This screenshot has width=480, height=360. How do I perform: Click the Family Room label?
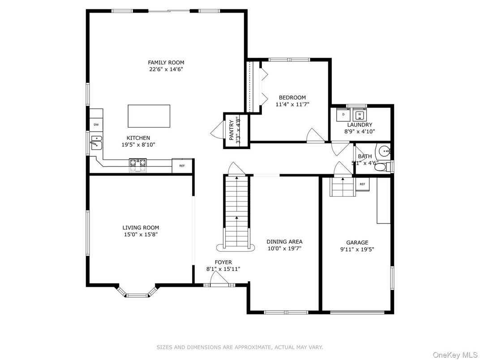[166, 63]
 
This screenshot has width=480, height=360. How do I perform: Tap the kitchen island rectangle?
[149, 116]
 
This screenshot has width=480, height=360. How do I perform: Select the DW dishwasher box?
[96, 124]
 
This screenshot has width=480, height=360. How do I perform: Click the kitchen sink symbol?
[96, 142]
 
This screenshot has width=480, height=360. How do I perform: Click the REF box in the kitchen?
[182, 166]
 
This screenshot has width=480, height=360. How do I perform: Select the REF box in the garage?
[362, 184]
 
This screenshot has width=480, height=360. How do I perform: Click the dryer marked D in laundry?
[343, 114]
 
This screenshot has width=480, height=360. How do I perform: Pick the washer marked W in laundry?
[359, 114]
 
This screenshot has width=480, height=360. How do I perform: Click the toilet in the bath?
[381, 167]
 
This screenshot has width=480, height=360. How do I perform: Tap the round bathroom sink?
[384, 150]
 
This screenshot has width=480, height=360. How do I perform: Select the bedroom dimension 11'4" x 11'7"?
[292, 104]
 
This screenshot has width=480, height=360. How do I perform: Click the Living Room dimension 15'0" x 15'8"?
[141, 234]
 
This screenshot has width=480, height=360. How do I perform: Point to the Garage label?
[357, 242]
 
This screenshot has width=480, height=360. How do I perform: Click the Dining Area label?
[284, 241]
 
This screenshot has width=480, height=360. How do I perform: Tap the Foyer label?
[223, 262]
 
